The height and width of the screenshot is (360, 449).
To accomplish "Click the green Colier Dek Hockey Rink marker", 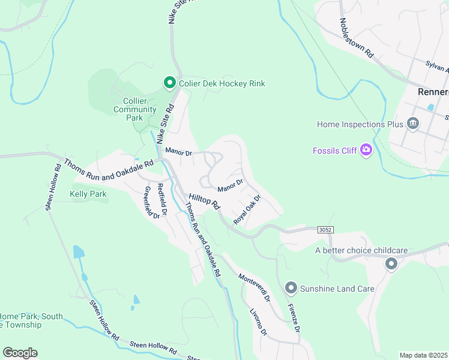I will pos(169,83).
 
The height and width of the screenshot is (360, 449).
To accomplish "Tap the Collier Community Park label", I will pos(135,109).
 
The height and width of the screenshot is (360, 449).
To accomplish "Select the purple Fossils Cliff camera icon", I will pos(365,150).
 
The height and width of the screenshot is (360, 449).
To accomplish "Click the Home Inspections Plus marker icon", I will pos(412,124).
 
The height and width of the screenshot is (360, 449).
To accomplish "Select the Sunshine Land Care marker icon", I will pos(291,289).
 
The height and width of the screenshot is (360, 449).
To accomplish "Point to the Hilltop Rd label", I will pos(205,202).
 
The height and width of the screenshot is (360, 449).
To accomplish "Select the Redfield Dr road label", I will pos(162,199).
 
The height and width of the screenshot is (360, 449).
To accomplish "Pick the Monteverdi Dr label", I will pos(254,287).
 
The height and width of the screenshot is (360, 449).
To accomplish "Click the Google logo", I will pos(20,353).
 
